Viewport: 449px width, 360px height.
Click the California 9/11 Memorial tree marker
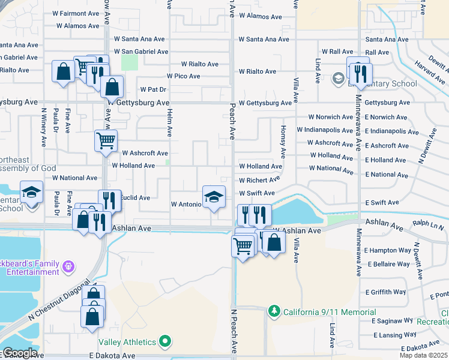pos(274,311)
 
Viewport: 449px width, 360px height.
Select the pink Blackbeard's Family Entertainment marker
pos(69,265)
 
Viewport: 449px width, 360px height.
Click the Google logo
pos(19,353)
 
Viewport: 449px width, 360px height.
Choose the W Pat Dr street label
pos(153,89)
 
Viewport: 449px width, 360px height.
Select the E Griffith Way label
pos(385,292)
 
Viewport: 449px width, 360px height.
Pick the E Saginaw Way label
pos(394,321)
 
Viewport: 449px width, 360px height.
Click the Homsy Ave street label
pos(283,139)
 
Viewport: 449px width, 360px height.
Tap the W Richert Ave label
pos(259,180)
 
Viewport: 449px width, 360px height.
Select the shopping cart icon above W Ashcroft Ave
pos(106,141)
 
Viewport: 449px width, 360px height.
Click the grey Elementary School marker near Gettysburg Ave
pos(338,78)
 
